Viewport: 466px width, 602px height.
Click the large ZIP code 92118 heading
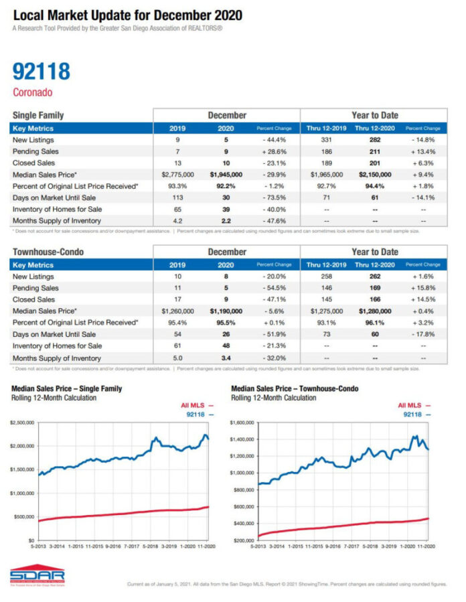click(x=41, y=71)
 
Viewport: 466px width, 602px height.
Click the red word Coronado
click(x=32, y=92)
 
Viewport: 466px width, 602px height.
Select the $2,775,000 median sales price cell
click(x=177, y=174)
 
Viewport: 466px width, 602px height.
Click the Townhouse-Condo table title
click(x=49, y=252)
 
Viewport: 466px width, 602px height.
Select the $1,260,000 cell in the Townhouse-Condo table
click(x=177, y=311)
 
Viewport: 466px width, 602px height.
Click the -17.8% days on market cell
click(x=423, y=334)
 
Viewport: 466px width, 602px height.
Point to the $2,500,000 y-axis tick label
click(x=24, y=423)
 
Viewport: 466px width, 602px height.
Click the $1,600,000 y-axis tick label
click(x=244, y=423)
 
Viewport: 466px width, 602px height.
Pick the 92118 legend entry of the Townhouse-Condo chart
click(x=416, y=415)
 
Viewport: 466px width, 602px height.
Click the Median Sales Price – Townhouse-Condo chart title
click(x=295, y=388)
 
